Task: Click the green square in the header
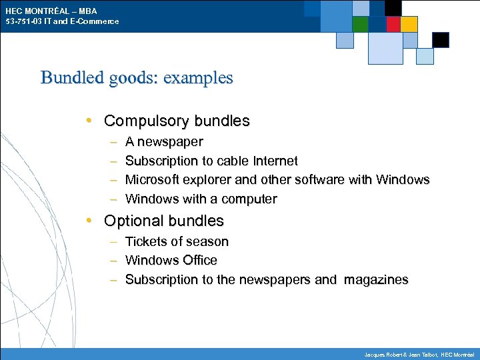pos(361,24)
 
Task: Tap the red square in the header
pos(393,24)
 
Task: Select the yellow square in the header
pos(409,24)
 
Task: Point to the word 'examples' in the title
pos(198,78)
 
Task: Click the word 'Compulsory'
pos(147,121)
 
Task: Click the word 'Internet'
pos(275,161)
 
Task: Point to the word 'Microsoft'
pos(154,180)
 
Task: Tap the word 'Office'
pos(198,260)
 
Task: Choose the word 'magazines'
pos(376,279)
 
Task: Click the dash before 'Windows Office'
pos(113,261)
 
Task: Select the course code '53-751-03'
pos(21,21)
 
